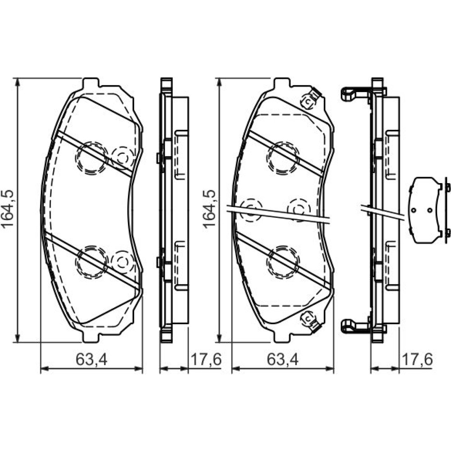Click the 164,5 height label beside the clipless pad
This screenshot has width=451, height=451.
coord(8,209)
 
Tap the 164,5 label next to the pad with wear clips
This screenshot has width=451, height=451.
coord(209,209)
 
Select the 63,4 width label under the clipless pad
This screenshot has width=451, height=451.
coord(92,359)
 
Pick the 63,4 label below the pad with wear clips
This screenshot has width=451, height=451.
coord(282,359)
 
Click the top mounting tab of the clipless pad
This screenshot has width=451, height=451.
coord(91,83)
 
